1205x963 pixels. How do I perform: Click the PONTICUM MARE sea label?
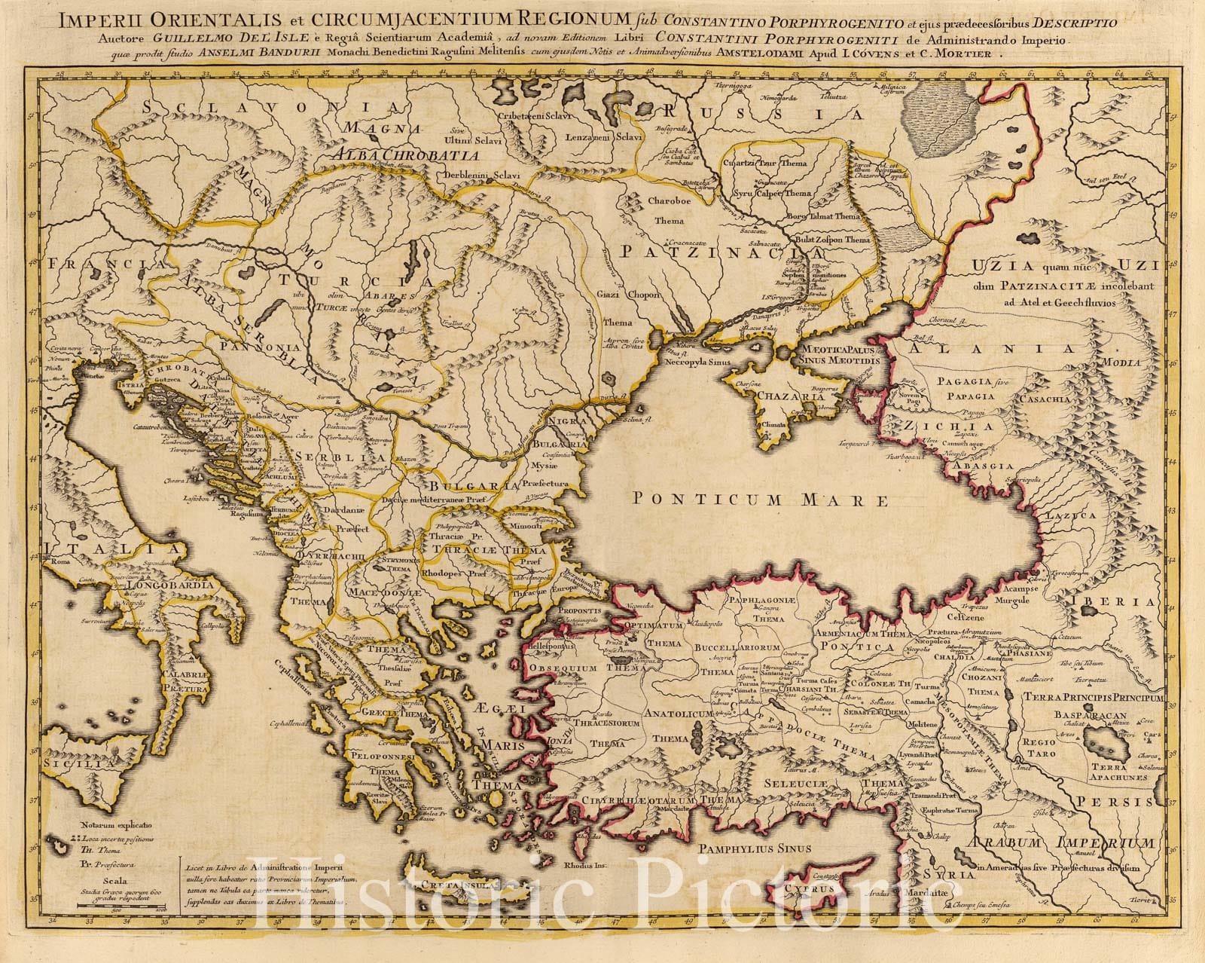coord(761,499)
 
